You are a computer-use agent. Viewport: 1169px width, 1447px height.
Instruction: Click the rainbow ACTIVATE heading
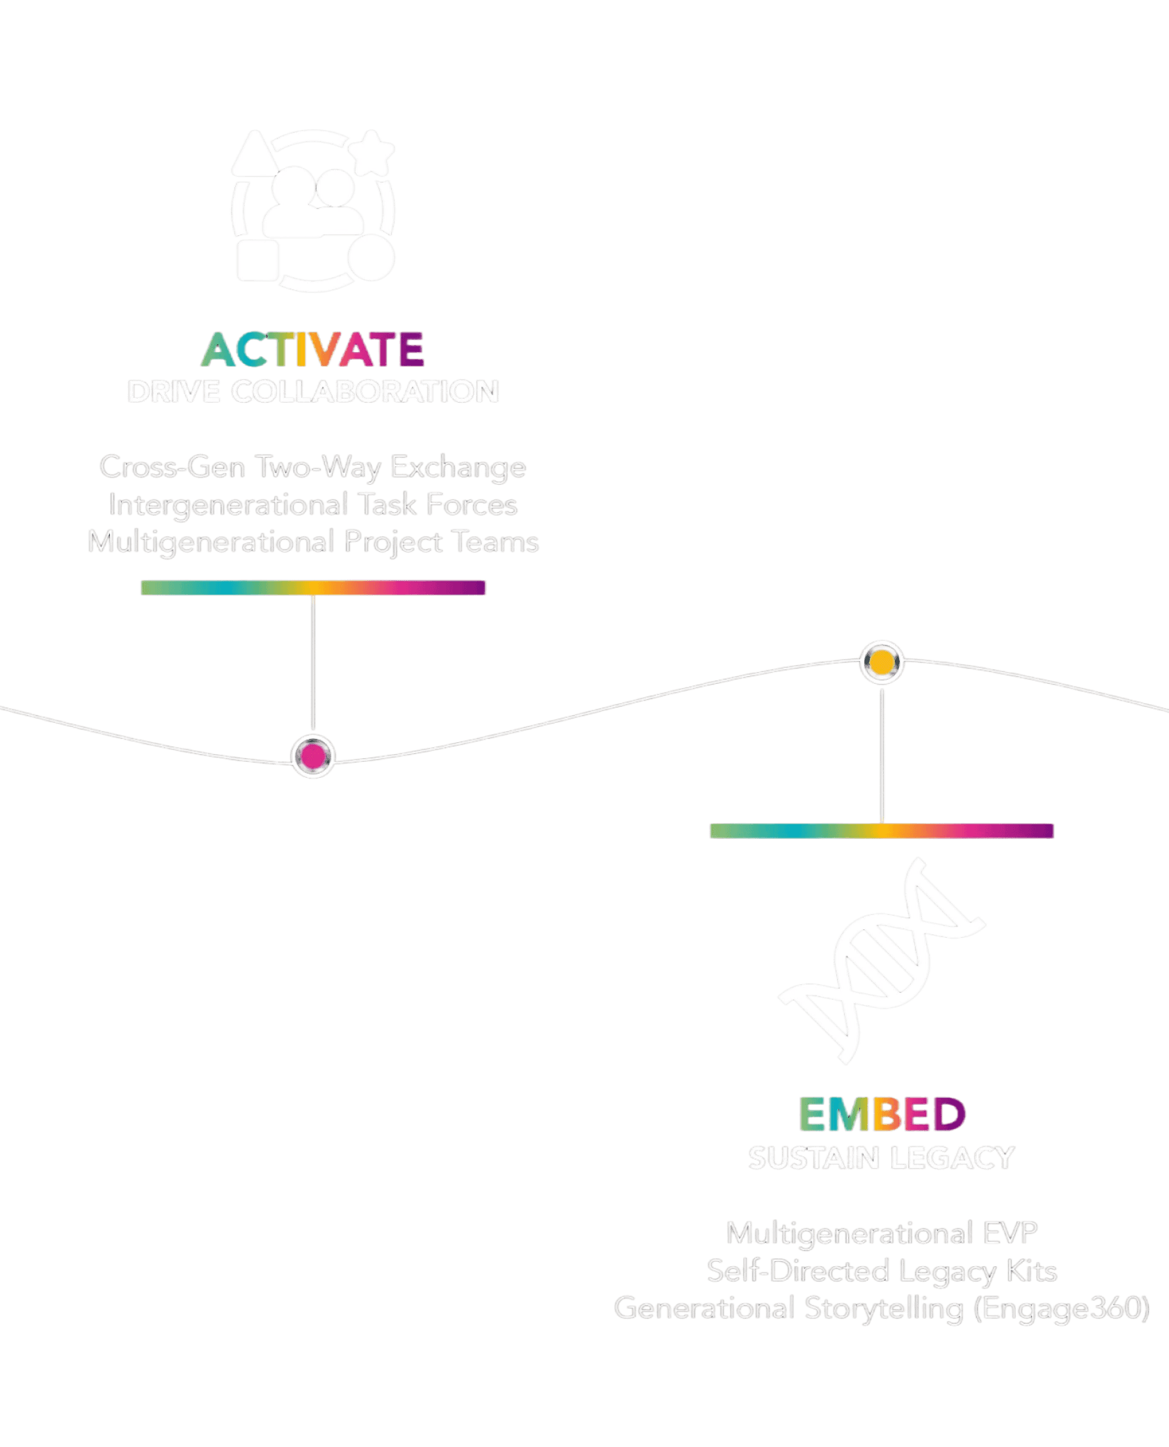tap(312, 349)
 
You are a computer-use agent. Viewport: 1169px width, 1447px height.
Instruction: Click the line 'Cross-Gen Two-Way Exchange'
tap(312, 467)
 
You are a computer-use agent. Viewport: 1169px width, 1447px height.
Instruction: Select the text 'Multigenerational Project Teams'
tap(313, 543)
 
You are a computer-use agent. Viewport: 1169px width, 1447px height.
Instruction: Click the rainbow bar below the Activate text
tap(313, 588)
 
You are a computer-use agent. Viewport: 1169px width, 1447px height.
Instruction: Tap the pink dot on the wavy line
tap(313, 756)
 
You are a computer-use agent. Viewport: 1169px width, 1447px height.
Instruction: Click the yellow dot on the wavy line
tap(882, 662)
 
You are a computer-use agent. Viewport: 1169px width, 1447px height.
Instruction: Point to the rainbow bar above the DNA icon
tap(881, 831)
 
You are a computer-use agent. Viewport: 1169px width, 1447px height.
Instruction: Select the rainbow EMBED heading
tap(882, 1115)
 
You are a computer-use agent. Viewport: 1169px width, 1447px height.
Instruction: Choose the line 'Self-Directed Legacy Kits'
tap(882, 1272)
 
